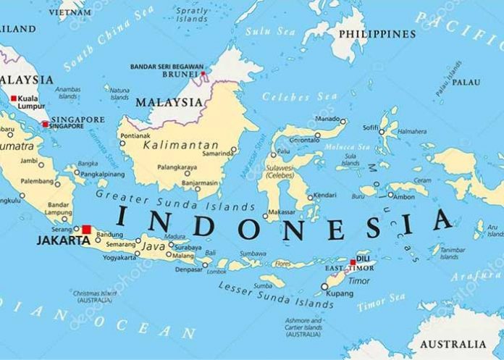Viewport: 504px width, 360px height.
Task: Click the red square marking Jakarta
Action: pos(87,230)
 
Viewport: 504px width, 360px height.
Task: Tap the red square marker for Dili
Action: pos(353,263)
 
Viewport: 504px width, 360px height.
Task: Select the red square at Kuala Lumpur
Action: pos(13,97)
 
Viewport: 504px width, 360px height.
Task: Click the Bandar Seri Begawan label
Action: pos(164,67)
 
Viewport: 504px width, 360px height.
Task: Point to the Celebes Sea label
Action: pos(290,96)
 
